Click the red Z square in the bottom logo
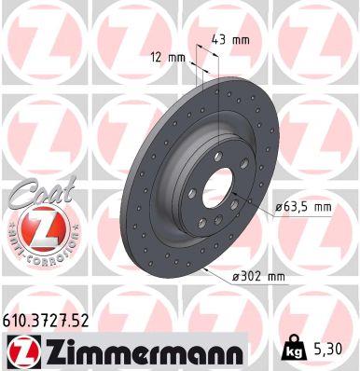tap(21, 350)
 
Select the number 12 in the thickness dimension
tap(156, 58)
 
